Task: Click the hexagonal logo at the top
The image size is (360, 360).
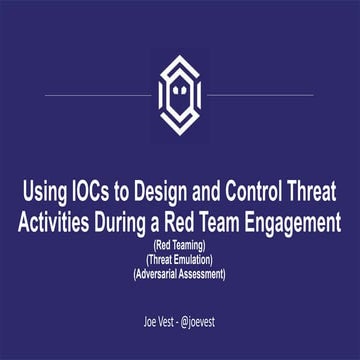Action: click(x=179, y=94)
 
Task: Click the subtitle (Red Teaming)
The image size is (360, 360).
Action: click(x=180, y=243)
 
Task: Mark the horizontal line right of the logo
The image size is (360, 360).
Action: click(x=260, y=96)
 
